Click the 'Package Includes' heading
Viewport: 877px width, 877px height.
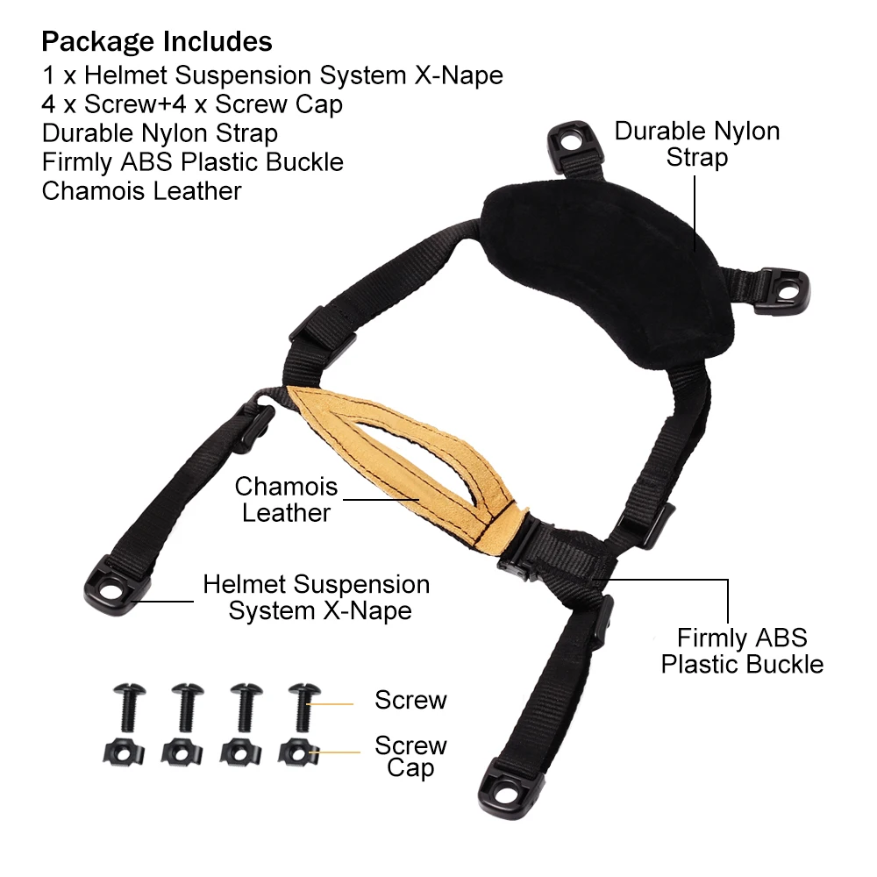coord(157,41)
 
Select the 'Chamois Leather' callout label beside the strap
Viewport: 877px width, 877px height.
coord(286,499)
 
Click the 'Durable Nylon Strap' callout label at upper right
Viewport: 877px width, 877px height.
coord(696,145)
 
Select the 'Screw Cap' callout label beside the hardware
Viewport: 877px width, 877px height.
coord(410,757)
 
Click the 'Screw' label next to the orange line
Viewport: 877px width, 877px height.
coord(410,700)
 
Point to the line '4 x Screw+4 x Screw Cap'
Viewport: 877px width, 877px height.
coord(192,104)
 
